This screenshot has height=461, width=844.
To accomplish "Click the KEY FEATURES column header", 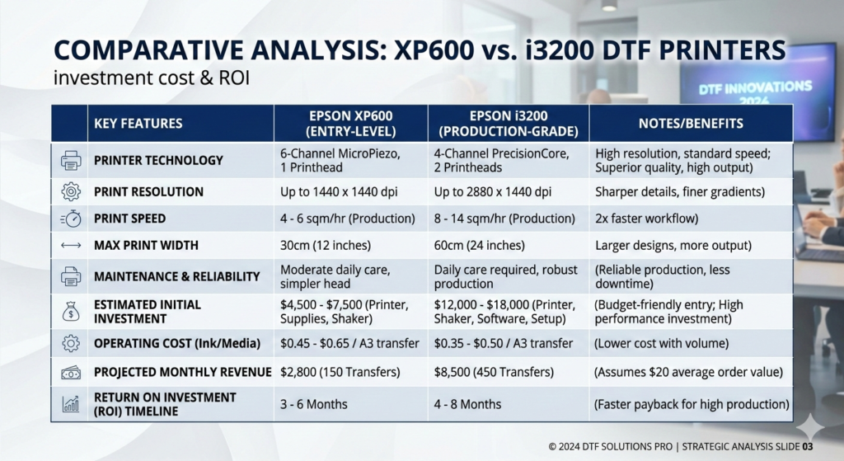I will (x=138, y=124).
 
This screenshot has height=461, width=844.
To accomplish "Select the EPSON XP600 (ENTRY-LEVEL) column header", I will (x=350, y=124).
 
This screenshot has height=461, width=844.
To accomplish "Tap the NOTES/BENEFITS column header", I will (x=691, y=124).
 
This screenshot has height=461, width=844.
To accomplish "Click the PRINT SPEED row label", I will (x=129, y=219).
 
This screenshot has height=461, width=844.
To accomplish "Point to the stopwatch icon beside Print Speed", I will (x=71, y=219).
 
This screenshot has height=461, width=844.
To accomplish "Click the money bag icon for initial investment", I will (x=71, y=312).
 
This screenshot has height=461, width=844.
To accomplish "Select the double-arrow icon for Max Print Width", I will (x=71, y=246).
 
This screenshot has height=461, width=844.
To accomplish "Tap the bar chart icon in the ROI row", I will (x=71, y=404).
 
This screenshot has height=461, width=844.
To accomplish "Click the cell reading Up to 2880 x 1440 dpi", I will (x=491, y=192).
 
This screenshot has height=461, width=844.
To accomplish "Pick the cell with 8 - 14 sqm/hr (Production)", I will (x=504, y=219).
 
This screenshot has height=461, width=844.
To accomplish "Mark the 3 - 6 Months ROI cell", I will (x=314, y=404).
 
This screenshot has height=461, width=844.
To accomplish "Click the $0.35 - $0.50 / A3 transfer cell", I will (x=504, y=343).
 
